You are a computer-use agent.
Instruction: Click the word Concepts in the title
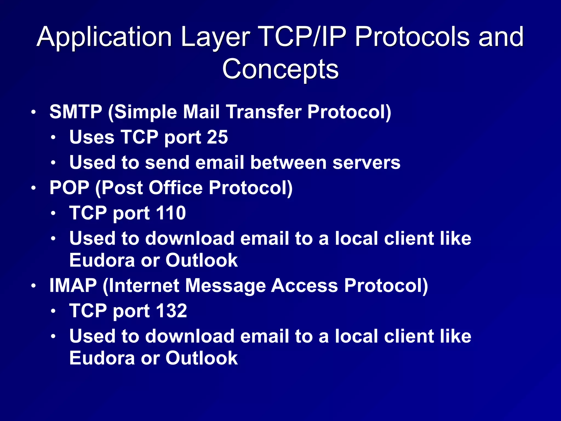point(280,69)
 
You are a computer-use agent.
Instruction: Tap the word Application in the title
point(104,37)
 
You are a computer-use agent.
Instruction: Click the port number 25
point(217,137)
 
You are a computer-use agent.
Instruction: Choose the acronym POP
point(69,188)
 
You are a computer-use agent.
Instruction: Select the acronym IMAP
point(73,286)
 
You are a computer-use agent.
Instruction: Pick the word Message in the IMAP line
point(225,286)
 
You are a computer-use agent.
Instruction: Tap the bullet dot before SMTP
point(33,112)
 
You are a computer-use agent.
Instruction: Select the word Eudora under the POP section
point(102,260)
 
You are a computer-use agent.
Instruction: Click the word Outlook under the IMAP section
point(201,358)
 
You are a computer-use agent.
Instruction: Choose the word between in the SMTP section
point(288,163)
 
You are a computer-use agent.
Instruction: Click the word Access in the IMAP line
point(304,286)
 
